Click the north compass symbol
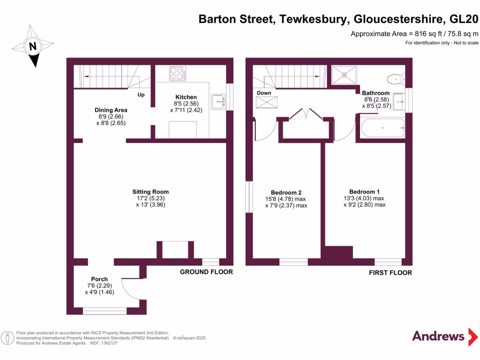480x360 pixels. point(33,46)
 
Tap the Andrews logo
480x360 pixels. point(438,336)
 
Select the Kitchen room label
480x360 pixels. point(186,97)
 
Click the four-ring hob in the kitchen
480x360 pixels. point(177,74)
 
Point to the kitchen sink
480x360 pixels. point(218,101)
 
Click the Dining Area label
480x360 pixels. point(111,110)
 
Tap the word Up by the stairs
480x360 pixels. point(141,95)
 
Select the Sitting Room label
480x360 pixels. point(150,192)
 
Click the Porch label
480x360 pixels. point(99,279)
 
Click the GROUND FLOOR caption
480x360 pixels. point(206,272)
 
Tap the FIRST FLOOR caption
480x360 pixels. point(390,273)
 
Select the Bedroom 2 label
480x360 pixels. point(286,193)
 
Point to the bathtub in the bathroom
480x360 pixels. point(382,127)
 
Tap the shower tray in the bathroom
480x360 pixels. point(345,74)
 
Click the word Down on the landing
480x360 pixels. point(264,93)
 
